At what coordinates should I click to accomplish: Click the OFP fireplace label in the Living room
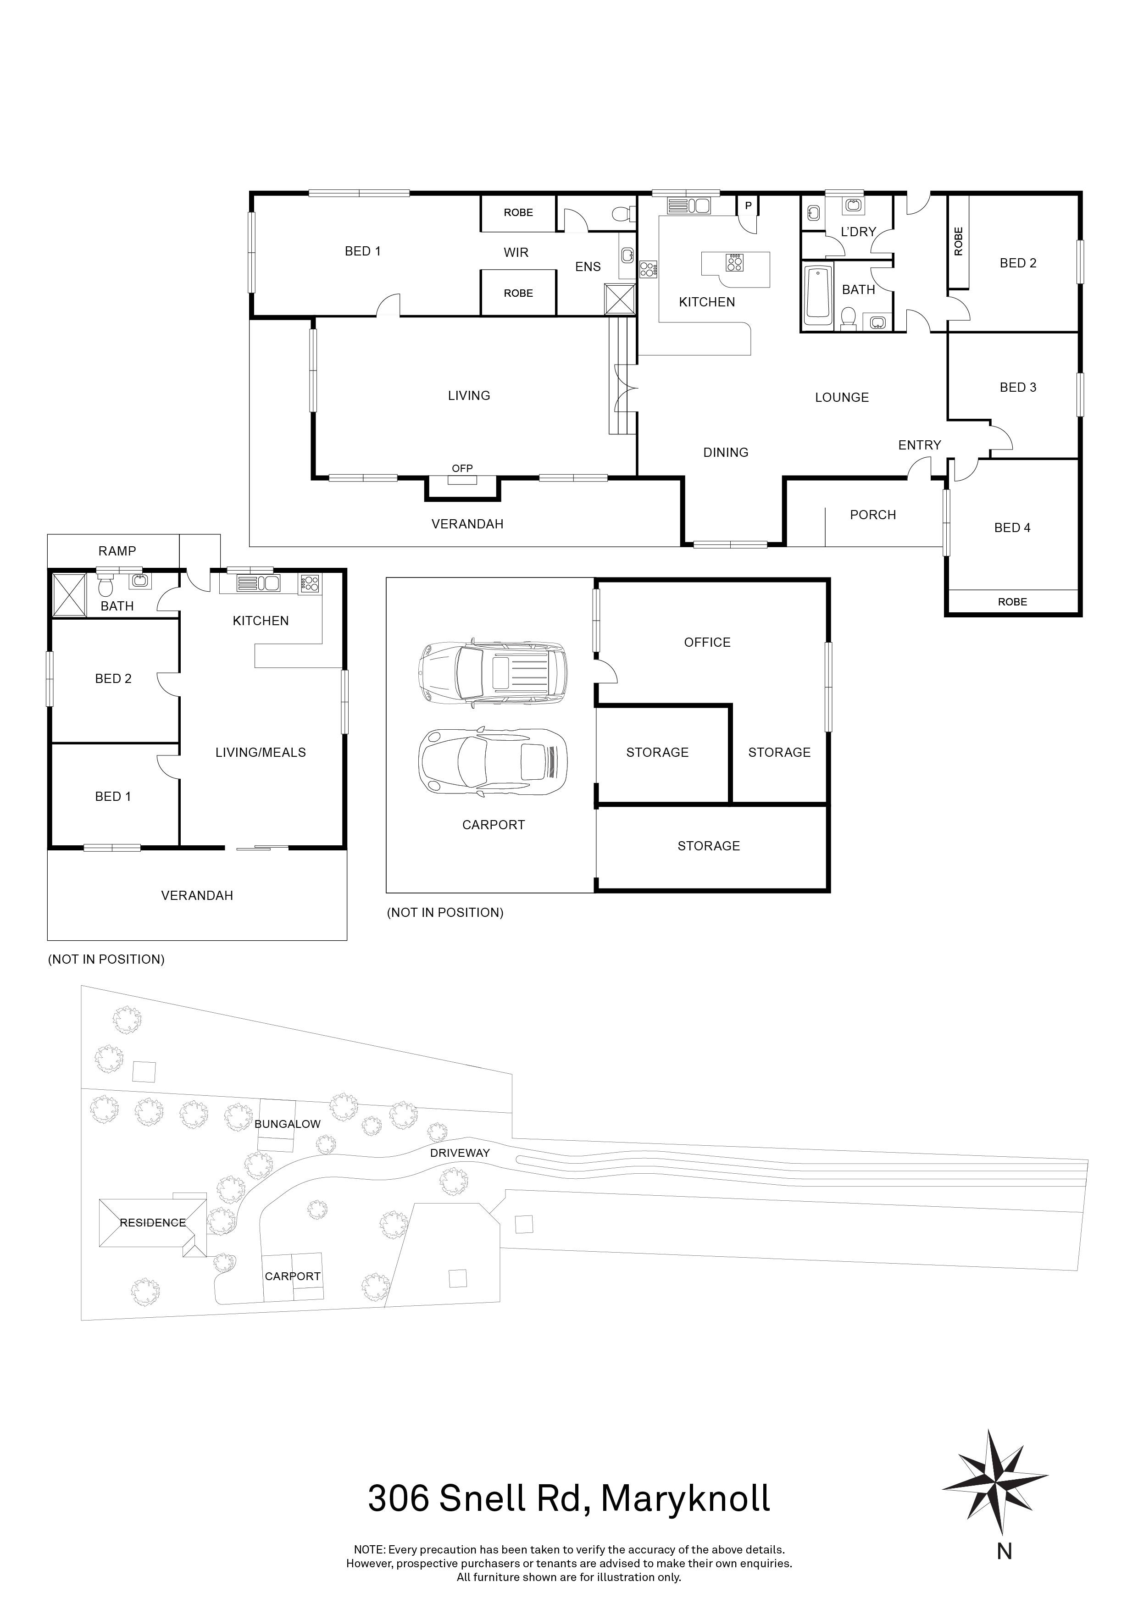[x=462, y=468]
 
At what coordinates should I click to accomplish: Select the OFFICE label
[x=707, y=642]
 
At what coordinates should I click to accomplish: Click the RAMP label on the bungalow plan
[x=117, y=551]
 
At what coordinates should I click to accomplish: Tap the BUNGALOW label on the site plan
[x=287, y=1124]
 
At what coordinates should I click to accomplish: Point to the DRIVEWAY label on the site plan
[x=460, y=1153]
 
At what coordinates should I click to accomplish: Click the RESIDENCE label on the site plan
[x=153, y=1223]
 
